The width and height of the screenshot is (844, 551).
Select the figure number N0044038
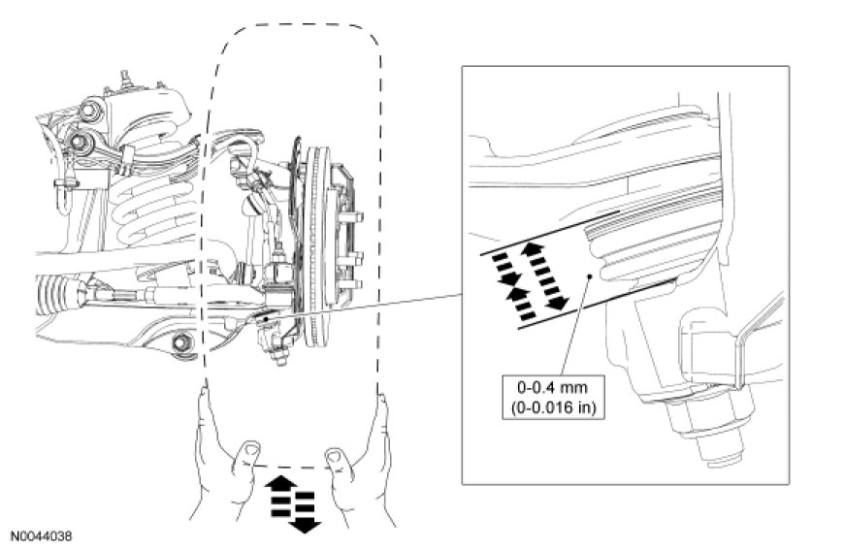pyautogui.click(x=42, y=535)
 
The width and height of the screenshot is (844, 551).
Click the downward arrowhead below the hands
pyautogui.click(x=305, y=525)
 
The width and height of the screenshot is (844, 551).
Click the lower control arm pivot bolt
pyautogui.click(x=180, y=342)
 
